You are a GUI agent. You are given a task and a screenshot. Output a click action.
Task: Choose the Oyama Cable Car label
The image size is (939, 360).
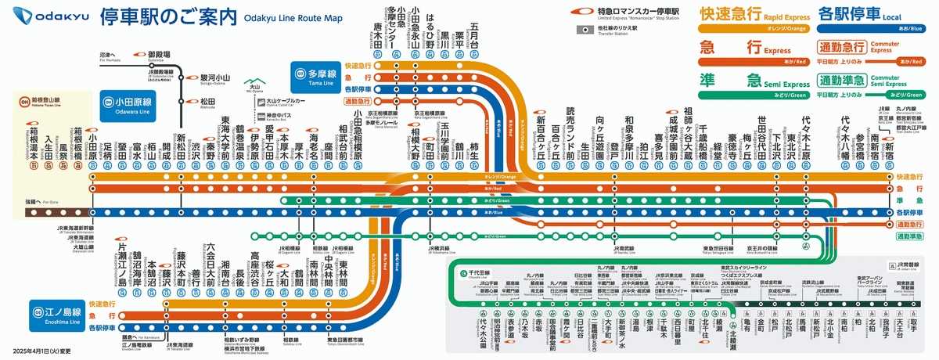click(x=286, y=102)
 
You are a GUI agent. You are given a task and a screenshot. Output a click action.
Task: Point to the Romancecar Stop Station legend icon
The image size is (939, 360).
click(x=579, y=11)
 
